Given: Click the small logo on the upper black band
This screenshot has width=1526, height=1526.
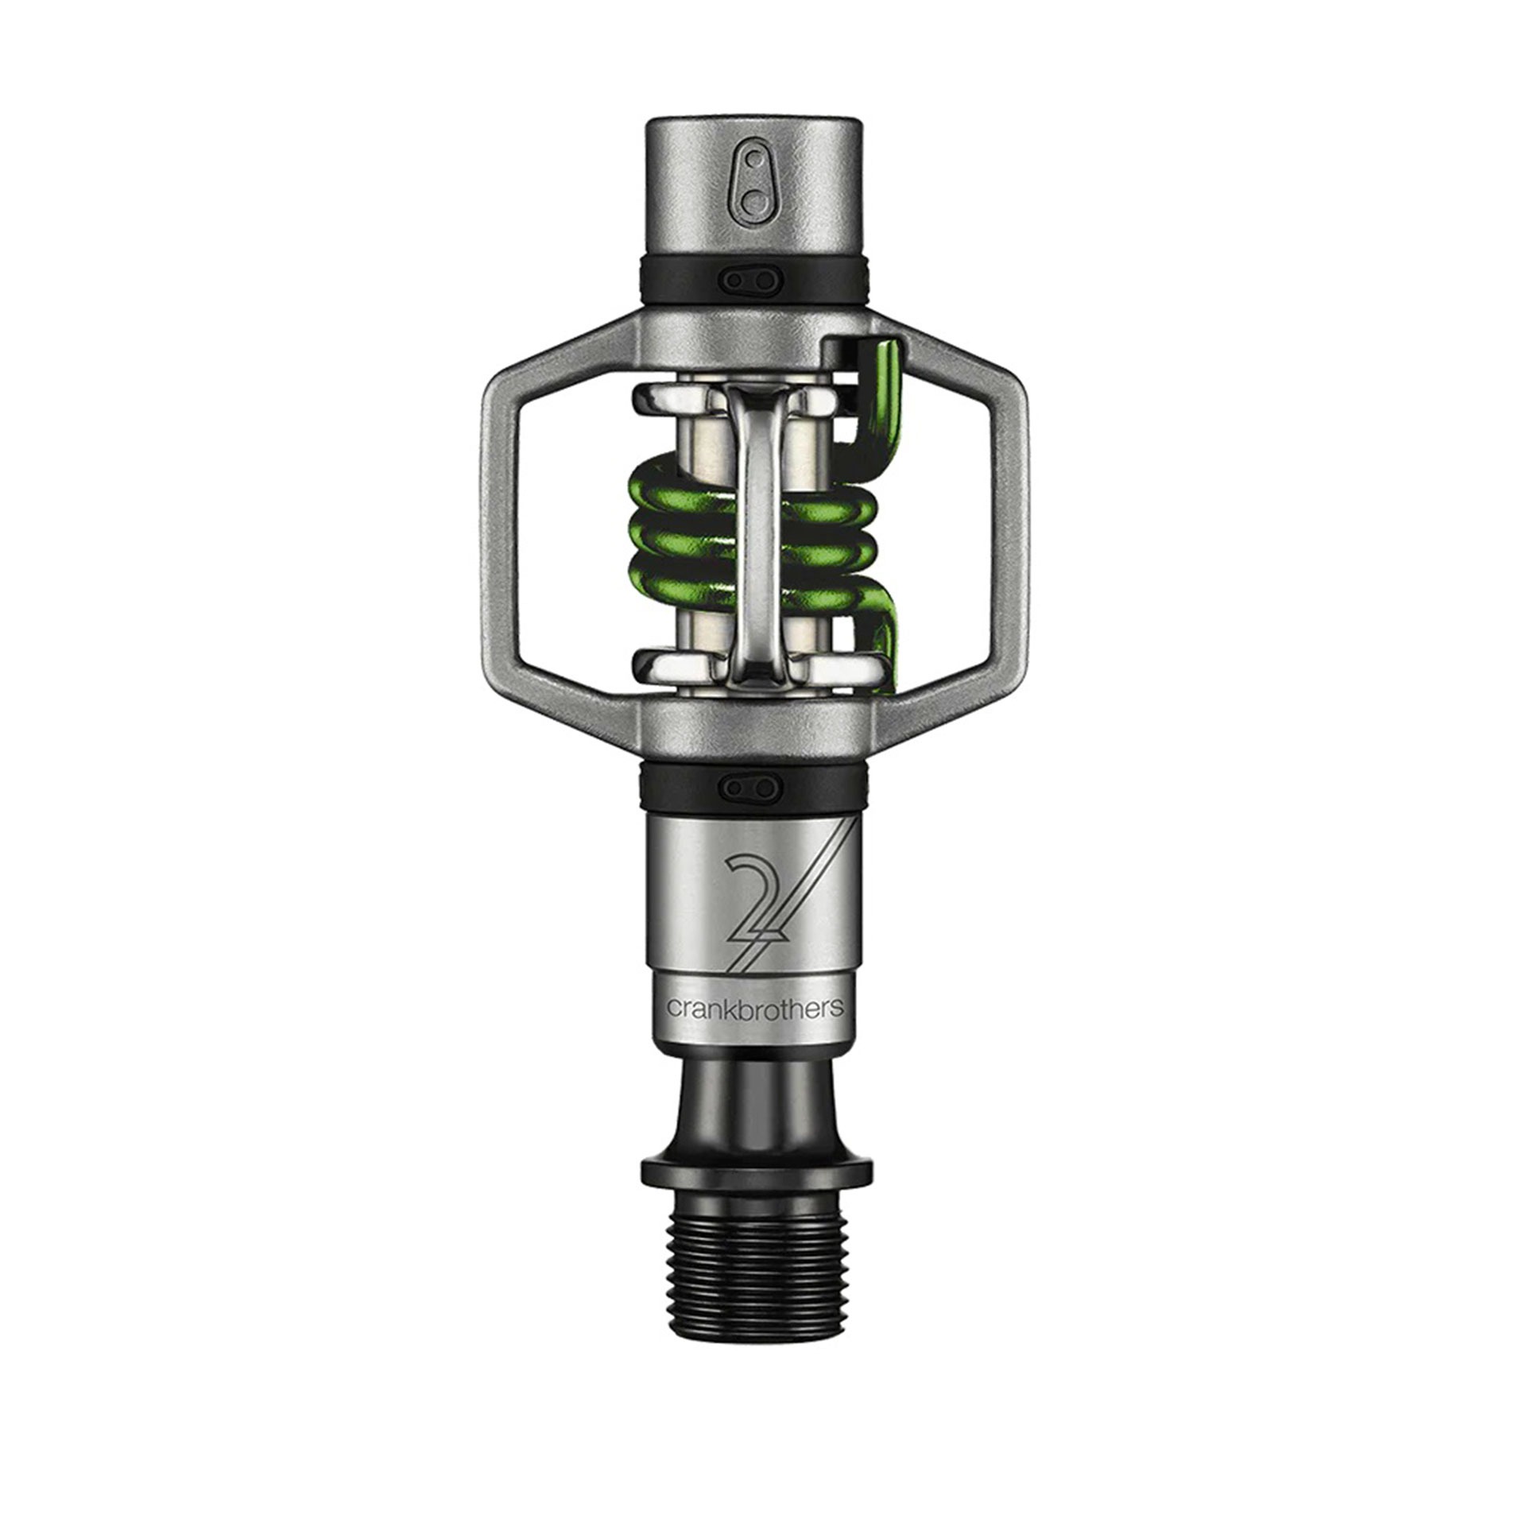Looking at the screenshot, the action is (750, 280).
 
